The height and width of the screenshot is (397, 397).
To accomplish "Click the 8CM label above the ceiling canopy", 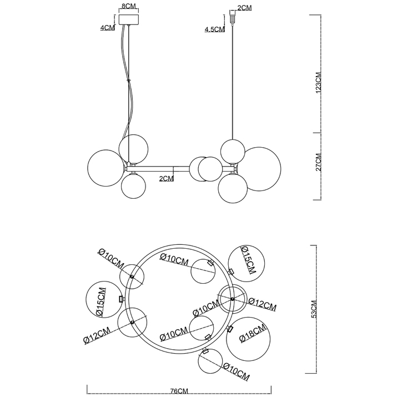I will click(x=128, y=7).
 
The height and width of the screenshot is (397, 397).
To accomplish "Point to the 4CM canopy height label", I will click(x=107, y=27).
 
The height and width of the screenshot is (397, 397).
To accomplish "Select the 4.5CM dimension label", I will click(x=214, y=30).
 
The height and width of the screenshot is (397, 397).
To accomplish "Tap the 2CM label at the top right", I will click(x=244, y=7).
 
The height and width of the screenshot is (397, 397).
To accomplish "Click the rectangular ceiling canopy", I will click(x=128, y=21).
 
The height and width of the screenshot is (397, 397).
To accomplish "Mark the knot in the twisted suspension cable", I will click(x=129, y=81).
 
